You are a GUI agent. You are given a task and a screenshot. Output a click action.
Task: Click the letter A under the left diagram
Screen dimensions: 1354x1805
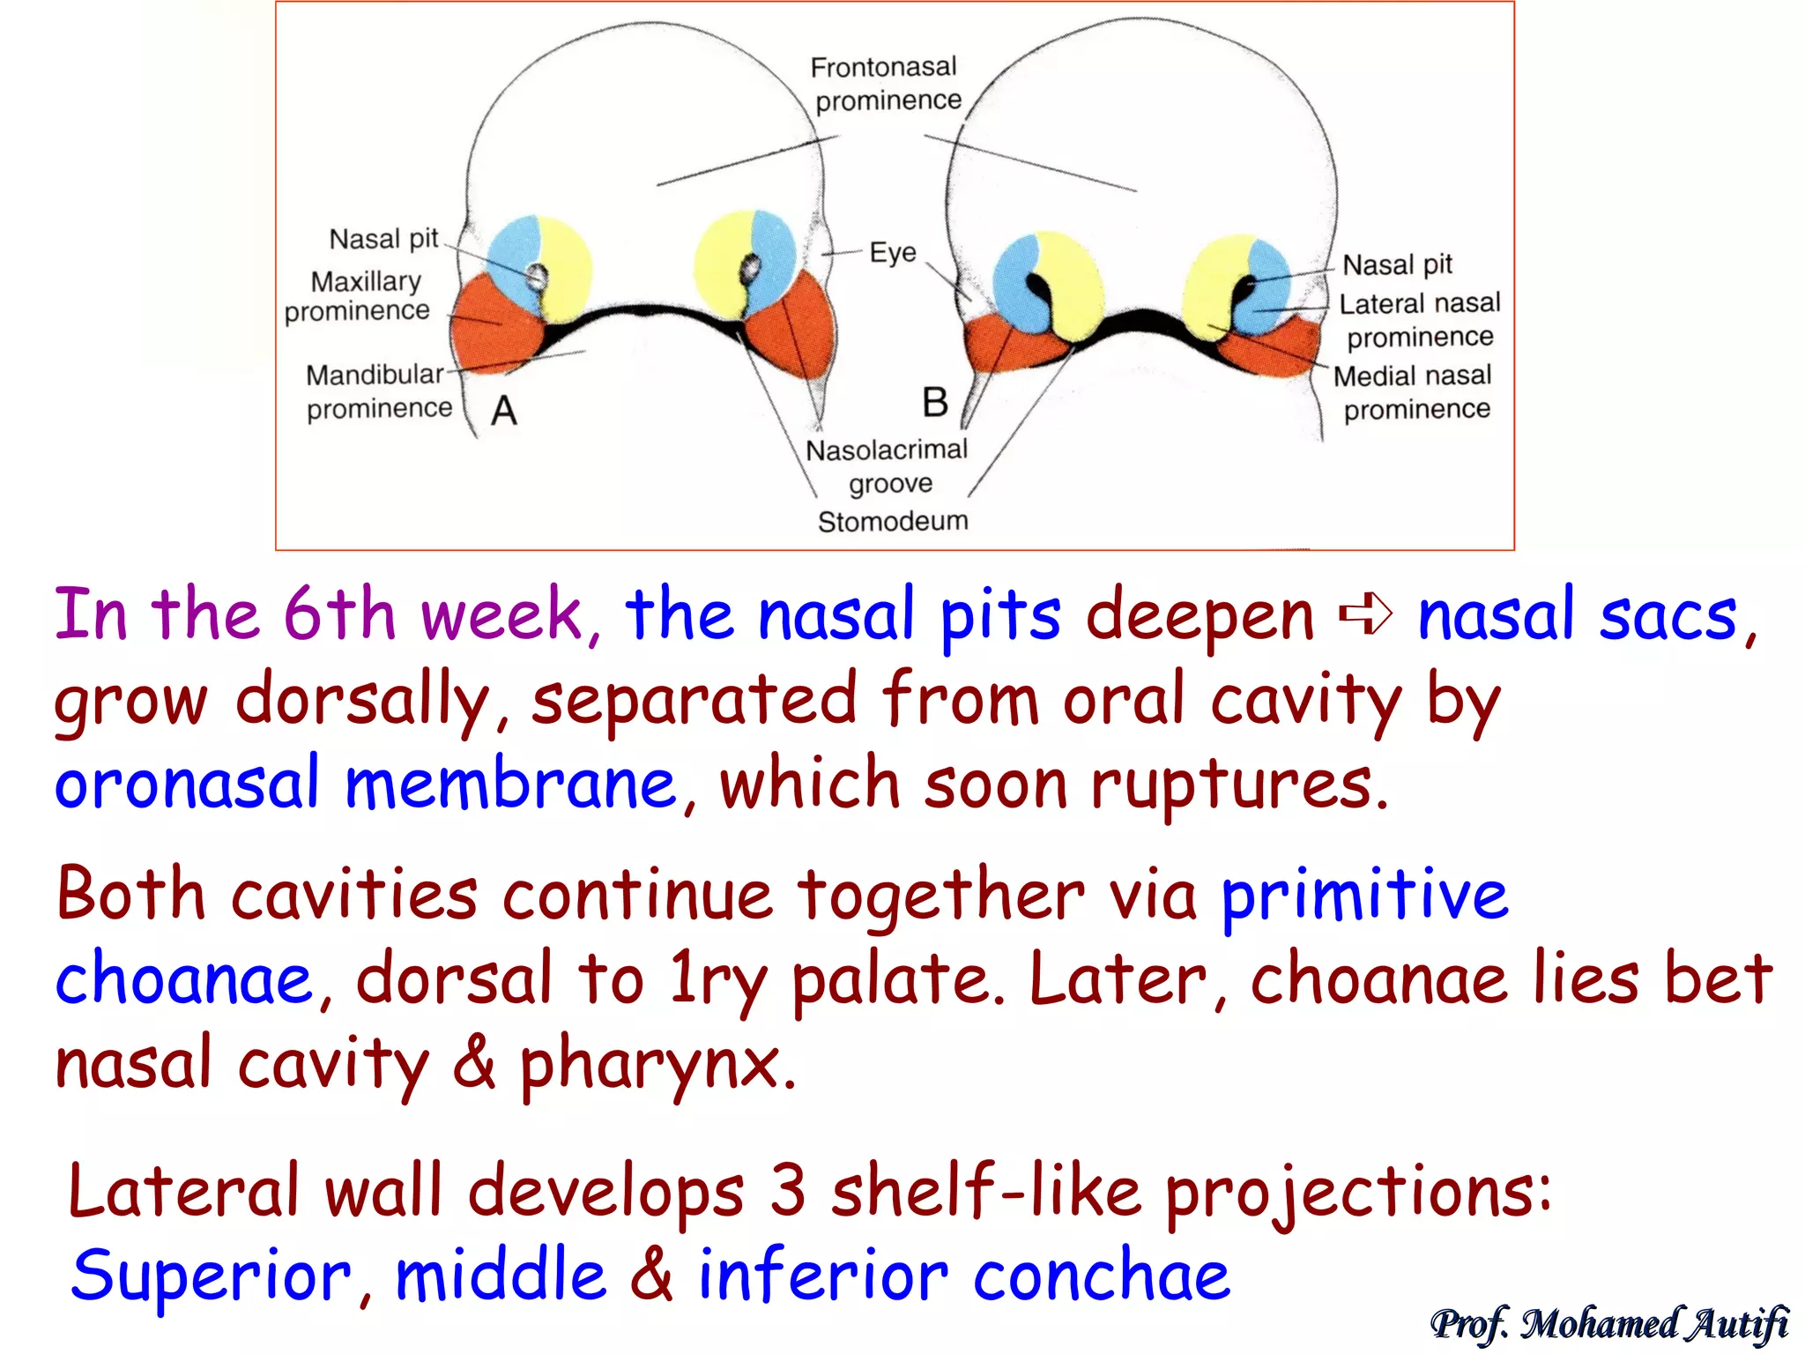pyautogui.click(x=504, y=411)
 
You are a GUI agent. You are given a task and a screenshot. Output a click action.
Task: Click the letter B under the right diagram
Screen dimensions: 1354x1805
pyautogui.click(x=935, y=403)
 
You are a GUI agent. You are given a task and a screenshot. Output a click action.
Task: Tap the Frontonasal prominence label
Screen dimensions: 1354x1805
pyautogui.click(x=886, y=84)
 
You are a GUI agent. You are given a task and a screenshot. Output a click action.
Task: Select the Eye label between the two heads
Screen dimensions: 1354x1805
pyautogui.click(x=893, y=253)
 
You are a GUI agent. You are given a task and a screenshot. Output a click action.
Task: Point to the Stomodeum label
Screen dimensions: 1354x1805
pyautogui.click(x=893, y=521)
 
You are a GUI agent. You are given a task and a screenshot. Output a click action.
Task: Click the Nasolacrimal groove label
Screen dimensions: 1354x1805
pyautogui.click(x=888, y=466)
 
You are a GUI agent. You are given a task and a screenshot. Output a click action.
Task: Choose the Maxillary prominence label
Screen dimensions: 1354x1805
pyautogui.click(x=358, y=295)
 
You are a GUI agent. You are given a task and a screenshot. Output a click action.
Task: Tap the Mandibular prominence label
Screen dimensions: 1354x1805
pyautogui.click(x=378, y=391)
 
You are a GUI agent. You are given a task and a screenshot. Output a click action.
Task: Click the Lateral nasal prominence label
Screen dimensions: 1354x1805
pyautogui.click(x=1419, y=320)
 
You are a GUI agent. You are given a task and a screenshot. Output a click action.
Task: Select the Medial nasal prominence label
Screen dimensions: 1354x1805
pyautogui.click(x=1413, y=392)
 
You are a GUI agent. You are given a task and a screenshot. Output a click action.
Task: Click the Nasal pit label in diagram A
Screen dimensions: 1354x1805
pyautogui.click(x=383, y=239)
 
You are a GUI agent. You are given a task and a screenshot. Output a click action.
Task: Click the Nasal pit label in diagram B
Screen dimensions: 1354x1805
pyautogui.click(x=1397, y=264)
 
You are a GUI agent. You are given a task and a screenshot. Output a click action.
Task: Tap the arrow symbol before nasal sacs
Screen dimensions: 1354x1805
pyautogui.click(x=1365, y=614)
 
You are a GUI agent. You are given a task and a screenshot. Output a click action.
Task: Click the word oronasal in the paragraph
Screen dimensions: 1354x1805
pyautogui.click(x=187, y=785)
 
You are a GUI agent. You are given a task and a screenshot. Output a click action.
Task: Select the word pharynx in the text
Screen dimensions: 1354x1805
pyautogui.click(x=657, y=1065)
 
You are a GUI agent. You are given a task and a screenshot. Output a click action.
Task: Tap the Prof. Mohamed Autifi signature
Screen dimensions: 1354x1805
pyautogui.click(x=1609, y=1324)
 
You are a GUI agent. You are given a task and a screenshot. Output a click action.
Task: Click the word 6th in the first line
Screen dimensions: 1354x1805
pyautogui.click(x=338, y=614)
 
